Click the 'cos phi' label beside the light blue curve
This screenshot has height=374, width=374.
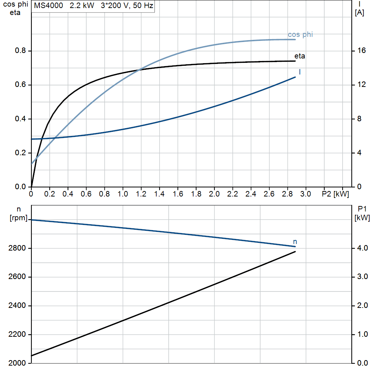pyautogui.click(x=300, y=35)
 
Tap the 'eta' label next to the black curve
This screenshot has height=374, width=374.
pyautogui.click(x=299, y=56)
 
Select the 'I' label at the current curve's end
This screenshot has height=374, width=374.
pyautogui.click(x=299, y=72)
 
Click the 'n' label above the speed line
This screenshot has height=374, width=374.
pyautogui.click(x=295, y=242)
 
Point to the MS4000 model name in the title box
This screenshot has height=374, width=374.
pyautogui.click(x=49, y=5)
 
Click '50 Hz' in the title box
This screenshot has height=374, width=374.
pyautogui.click(x=143, y=5)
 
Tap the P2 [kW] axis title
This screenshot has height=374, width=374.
pyautogui.click(x=335, y=194)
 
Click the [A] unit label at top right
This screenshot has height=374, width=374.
pyautogui.click(x=359, y=13)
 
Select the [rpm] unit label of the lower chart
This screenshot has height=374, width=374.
pyautogui.click(x=19, y=218)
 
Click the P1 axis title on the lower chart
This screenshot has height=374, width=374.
pyautogui.click(x=362, y=209)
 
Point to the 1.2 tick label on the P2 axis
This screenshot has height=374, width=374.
pyautogui.click(x=141, y=194)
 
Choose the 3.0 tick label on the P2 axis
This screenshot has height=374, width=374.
pyautogui.click(x=306, y=194)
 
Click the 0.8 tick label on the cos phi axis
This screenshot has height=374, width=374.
pyautogui.click(x=20, y=50)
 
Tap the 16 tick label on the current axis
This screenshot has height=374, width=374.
pyautogui.click(x=361, y=50)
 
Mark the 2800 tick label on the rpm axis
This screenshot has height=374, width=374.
pyautogui.click(x=17, y=248)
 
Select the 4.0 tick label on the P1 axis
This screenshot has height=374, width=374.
pyautogui.click(x=362, y=248)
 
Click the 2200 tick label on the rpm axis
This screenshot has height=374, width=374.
pyautogui.click(x=17, y=335)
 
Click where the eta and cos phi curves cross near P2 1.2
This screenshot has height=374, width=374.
pyautogui.click(x=140, y=70)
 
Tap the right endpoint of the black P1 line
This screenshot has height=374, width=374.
pyautogui.click(x=295, y=252)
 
